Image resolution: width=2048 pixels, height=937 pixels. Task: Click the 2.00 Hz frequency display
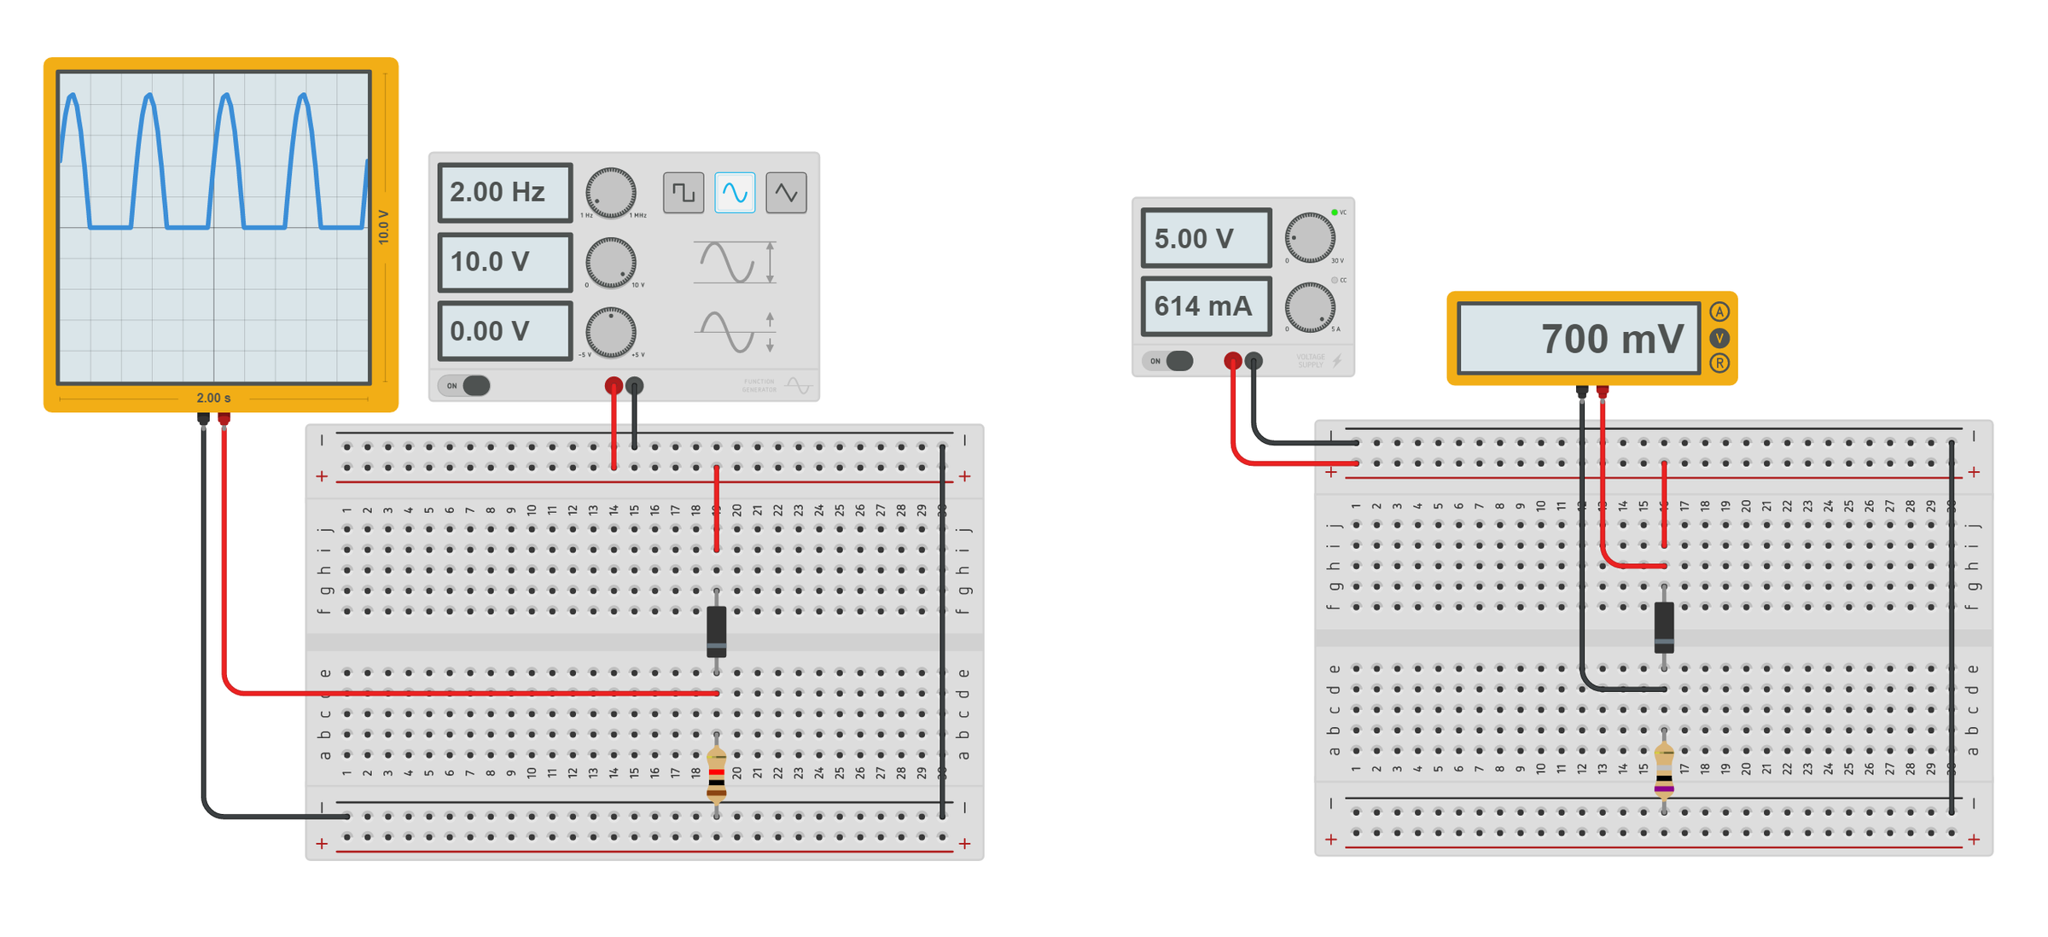(x=504, y=192)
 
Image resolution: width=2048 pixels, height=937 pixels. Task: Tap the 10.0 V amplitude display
(x=504, y=262)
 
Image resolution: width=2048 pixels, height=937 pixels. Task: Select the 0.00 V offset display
(x=504, y=331)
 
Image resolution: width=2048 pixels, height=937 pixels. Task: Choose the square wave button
(x=684, y=192)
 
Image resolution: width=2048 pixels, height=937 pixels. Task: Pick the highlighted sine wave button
(x=735, y=192)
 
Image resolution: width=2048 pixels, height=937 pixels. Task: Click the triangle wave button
(x=786, y=192)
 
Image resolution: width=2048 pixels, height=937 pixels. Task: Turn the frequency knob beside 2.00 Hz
(x=610, y=193)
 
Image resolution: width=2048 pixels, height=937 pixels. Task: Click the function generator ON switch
(x=465, y=386)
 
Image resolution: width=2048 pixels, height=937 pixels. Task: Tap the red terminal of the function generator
(x=614, y=387)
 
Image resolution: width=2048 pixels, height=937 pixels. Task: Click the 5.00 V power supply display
(x=1206, y=238)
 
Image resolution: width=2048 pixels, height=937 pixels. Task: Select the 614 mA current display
(x=1206, y=306)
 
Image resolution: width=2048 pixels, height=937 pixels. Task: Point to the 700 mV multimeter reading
(x=1579, y=339)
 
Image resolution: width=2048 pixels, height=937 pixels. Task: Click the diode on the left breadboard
(x=717, y=631)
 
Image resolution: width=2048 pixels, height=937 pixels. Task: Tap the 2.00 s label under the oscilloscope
(x=213, y=399)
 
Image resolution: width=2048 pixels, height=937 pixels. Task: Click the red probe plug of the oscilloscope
(x=224, y=419)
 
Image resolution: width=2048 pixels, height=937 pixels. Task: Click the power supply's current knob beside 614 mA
(x=1310, y=307)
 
